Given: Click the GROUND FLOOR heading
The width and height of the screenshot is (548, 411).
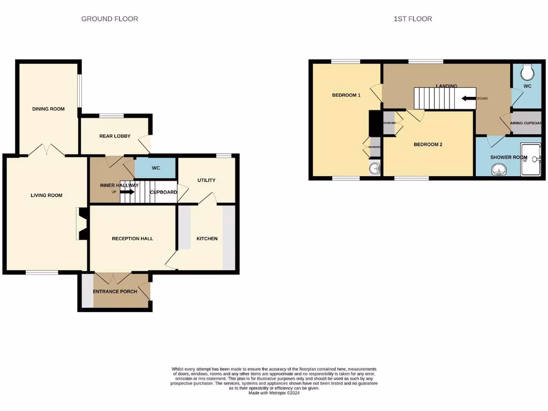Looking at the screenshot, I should [110, 19].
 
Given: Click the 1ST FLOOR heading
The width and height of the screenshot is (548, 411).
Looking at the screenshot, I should [413, 19].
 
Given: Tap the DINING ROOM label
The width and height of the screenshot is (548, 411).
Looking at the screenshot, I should [48, 109].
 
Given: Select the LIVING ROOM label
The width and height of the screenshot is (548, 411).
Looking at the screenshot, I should [47, 195].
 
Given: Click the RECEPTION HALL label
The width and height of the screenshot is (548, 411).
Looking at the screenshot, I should [132, 238].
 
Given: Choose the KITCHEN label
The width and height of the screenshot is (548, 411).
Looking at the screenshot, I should [207, 238].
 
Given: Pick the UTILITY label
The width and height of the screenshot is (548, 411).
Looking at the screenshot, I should [206, 180].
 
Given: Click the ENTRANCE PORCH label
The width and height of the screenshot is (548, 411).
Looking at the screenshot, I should [115, 292].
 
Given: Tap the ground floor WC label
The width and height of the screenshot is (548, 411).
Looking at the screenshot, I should [156, 168].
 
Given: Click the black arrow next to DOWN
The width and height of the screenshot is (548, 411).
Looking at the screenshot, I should [469, 98].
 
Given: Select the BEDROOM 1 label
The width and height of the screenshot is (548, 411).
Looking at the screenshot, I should [346, 95].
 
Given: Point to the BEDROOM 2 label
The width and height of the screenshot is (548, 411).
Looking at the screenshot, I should [428, 144].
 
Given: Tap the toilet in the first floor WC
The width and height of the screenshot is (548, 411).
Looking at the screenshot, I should [527, 71].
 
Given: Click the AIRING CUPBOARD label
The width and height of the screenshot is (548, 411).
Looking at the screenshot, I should [526, 123].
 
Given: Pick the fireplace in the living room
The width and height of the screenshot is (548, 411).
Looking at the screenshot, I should [81, 223].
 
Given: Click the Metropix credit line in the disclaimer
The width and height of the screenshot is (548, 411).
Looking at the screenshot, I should [274, 393].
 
